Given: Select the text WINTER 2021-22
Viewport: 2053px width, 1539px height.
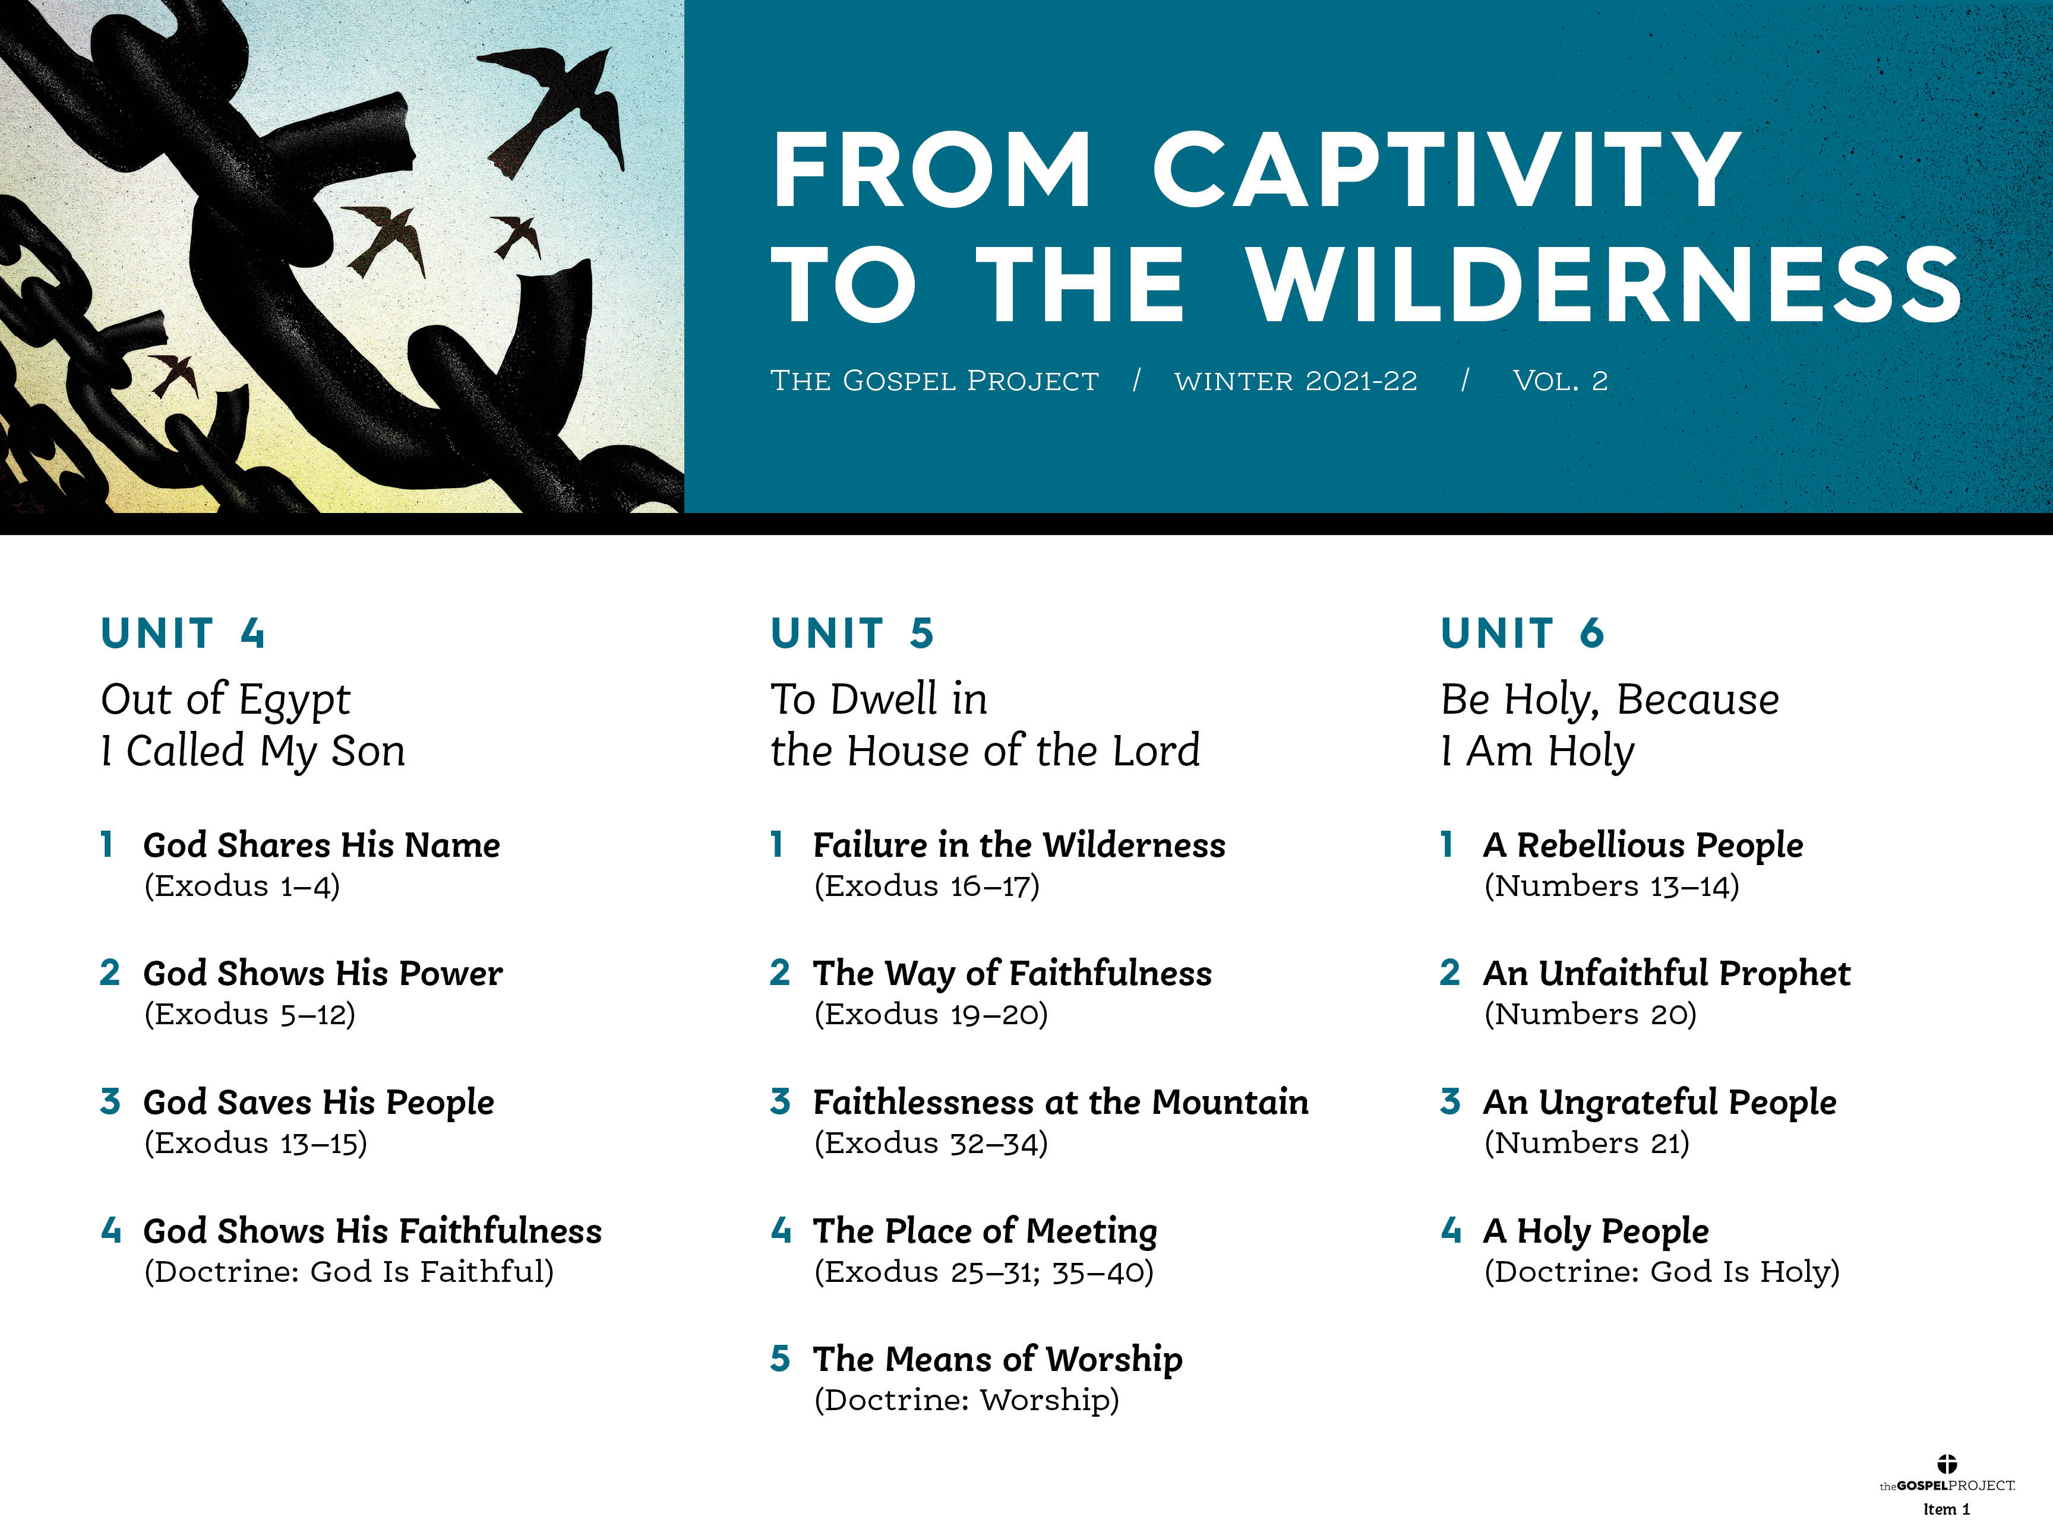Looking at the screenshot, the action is click(1296, 381).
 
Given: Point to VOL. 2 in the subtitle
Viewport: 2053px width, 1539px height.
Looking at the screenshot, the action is click(1560, 381).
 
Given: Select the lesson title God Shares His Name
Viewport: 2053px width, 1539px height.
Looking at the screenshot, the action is click(322, 845).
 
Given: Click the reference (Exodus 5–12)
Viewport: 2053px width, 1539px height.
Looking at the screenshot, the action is click(249, 1014).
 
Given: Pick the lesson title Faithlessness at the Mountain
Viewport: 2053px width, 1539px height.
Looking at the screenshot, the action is click(1061, 1102).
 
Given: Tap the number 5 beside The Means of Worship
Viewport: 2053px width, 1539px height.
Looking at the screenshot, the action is click(781, 1359).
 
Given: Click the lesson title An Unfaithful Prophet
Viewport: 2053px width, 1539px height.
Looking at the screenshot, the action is click(1667, 973).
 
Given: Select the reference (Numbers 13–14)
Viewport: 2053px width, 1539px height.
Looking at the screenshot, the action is click(1611, 886).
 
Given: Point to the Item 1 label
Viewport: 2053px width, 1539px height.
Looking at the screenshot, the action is click(1946, 1509).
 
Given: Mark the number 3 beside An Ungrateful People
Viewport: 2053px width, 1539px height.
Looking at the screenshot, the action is click(1451, 1102).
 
